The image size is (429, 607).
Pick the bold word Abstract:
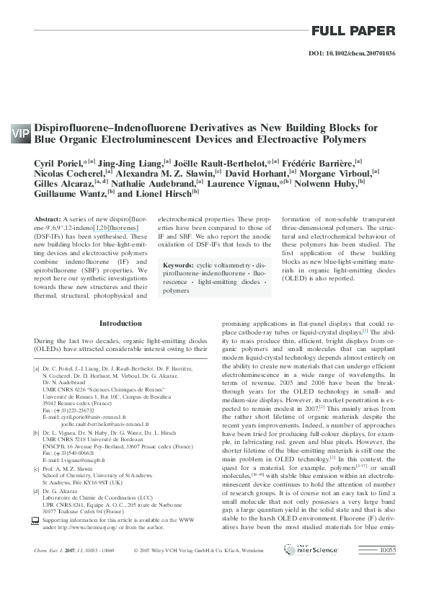[x=48, y=218]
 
